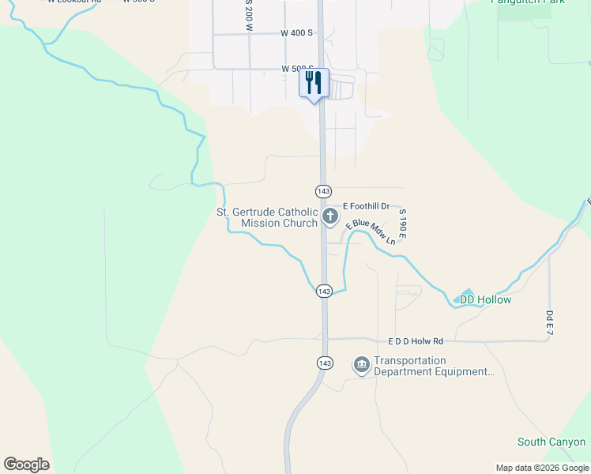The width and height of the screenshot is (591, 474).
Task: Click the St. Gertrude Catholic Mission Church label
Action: pyautogui.click(x=267, y=217)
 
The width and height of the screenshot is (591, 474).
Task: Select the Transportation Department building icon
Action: pyautogui.click(x=362, y=364)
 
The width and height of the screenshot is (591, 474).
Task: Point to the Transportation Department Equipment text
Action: pyautogui.click(x=434, y=367)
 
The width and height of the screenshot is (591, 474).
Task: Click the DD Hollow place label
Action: pyautogui.click(x=485, y=300)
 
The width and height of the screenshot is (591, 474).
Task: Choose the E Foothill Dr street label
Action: pyautogui.click(x=361, y=206)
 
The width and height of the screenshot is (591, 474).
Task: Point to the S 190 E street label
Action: pyautogui.click(x=402, y=224)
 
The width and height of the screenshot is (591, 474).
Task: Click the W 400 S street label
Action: pyautogui.click(x=297, y=33)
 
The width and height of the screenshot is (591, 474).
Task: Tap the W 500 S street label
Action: pyautogui.click(x=298, y=70)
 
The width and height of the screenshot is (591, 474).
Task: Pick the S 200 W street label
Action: pyautogui.click(x=248, y=16)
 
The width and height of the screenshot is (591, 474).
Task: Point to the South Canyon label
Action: pyautogui.click(x=551, y=442)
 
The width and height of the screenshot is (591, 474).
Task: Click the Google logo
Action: pyautogui.click(x=26, y=465)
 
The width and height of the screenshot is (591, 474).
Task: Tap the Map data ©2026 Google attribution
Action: pyautogui.click(x=541, y=468)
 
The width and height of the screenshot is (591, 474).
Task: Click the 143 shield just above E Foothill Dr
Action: pyautogui.click(x=323, y=191)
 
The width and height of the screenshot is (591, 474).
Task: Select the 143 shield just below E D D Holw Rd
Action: pyautogui.click(x=323, y=362)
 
